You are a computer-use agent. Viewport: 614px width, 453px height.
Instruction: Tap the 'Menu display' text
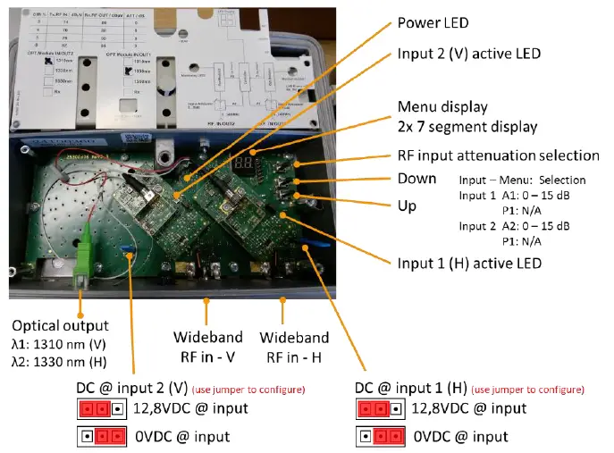pos(442,106)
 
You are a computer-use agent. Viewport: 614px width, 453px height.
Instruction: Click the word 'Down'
pos(416,180)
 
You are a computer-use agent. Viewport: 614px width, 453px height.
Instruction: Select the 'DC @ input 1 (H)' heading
pos(411,389)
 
